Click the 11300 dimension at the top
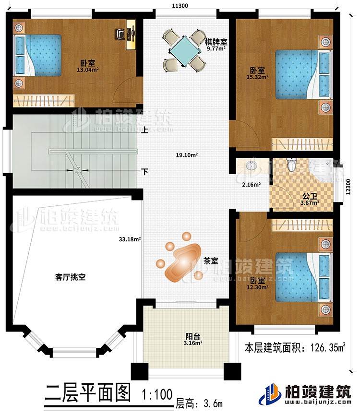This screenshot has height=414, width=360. [x=180, y=5]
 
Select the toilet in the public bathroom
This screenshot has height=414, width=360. [x=291, y=165]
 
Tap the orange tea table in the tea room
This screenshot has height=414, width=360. [x=182, y=261]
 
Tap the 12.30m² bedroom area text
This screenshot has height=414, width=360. [x=258, y=288]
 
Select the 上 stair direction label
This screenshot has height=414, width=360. [x=144, y=129]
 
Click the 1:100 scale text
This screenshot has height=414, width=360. [x=156, y=395]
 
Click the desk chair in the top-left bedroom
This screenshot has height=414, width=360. [x=120, y=34]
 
